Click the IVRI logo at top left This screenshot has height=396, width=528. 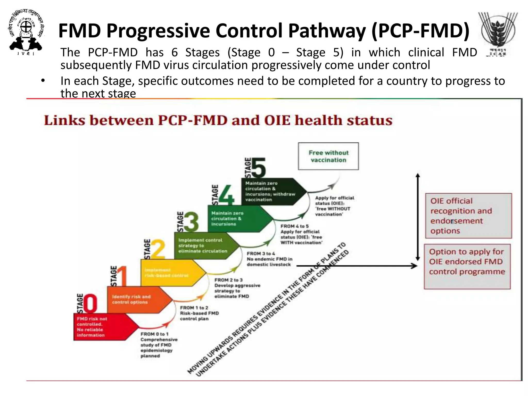coord(26,32)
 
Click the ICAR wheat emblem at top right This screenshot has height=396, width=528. coord(498,32)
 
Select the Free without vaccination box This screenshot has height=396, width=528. coord(328,156)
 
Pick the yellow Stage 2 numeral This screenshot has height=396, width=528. coord(158,249)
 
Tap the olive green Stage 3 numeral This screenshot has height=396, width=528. coord(191,222)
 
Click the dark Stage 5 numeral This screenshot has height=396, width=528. coord(259,168)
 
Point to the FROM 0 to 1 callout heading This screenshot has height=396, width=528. coord(154,334)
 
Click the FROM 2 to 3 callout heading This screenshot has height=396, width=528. coord(228,280)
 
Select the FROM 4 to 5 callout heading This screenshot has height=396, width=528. coord(294,226)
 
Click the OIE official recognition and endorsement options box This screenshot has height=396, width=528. coord(468,216)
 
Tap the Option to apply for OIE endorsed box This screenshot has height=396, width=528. coord(467,266)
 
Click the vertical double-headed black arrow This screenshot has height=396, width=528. coord(418,217)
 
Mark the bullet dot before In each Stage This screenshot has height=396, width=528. coord(43,81)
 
